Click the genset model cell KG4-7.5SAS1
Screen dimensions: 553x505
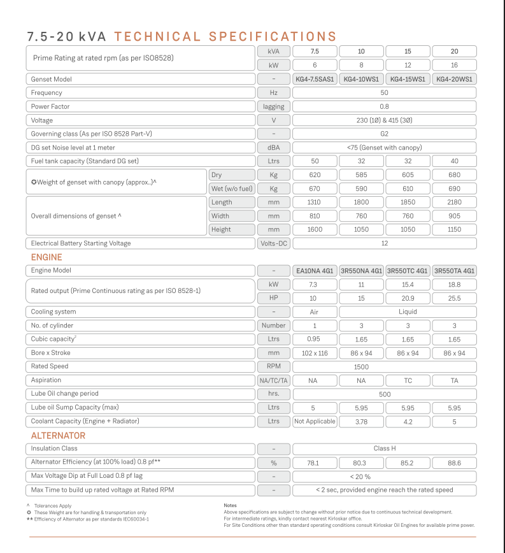(x=315, y=79)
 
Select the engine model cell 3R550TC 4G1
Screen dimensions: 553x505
(x=408, y=271)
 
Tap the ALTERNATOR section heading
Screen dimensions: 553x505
(x=58, y=436)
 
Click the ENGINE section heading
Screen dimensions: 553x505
(x=46, y=257)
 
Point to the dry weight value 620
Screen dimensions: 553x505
(x=315, y=175)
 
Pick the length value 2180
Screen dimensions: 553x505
(x=454, y=202)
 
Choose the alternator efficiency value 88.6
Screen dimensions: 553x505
(x=454, y=463)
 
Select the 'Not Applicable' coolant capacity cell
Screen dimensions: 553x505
(x=315, y=421)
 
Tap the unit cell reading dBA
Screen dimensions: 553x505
(x=274, y=147)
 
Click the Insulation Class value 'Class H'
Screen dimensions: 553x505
(x=384, y=449)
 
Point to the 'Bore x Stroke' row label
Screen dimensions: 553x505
(x=51, y=353)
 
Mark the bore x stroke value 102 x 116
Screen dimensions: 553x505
(x=315, y=353)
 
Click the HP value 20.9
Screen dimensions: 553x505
(x=408, y=298)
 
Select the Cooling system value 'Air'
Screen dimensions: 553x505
(x=315, y=312)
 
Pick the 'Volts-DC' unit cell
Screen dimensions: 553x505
(x=274, y=243)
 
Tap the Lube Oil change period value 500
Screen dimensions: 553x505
(x=384, y=394)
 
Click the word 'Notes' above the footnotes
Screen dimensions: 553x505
(x=231, y=505)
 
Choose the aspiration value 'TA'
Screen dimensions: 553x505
(x=454, y=380)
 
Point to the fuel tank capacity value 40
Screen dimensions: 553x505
(x=454, y=161)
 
